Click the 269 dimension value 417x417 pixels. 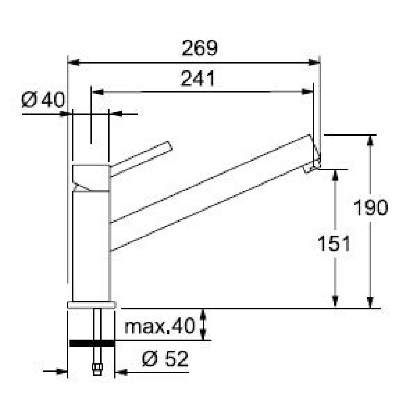pos(200,48)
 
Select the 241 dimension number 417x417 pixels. pos(198,79)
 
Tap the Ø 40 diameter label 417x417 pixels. pos(43,100)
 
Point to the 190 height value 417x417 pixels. pos(371,207)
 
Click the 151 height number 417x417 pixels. pos(334,243)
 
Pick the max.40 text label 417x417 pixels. pos(160,326)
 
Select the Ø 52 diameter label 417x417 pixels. pos(165,359)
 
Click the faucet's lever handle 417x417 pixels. pos(141,158)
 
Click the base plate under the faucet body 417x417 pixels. pos(92,305)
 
